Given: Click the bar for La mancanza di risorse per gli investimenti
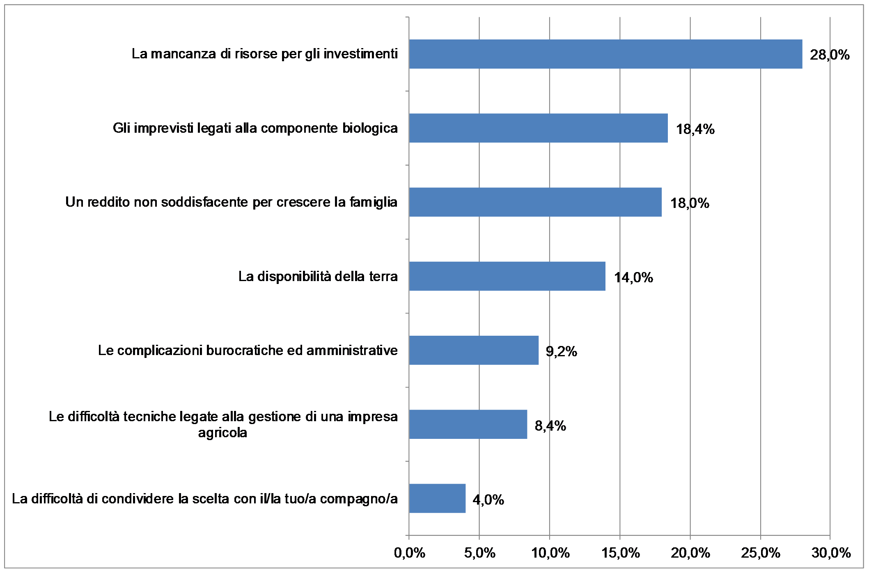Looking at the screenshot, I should tap(605, 54).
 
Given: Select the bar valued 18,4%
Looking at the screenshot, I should tap(538, 128).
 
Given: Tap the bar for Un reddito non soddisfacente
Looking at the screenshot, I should tap(535, 202).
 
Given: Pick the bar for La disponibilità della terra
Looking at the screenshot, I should tap(507, 276).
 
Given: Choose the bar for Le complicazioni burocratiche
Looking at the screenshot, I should tap(474, 350).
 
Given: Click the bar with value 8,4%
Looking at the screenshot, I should tap(468, 424).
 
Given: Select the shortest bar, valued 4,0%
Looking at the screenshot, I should tap(437, 498).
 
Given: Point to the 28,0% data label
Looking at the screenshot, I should tap(830, 55).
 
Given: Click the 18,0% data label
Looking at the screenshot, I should tap(690, 203).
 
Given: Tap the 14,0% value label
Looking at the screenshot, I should tap(633, 278).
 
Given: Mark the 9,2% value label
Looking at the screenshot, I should tap(561, 352).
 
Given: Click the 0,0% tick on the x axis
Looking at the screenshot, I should tap(409, 553).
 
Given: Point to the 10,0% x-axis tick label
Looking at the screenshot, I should tap(550, 553).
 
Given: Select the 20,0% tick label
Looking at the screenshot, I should tap(690, 553).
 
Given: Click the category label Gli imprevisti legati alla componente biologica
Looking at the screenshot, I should tap(255, 128).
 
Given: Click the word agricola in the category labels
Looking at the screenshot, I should tap(222, 433).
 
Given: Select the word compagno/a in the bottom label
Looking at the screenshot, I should tap(358, 499).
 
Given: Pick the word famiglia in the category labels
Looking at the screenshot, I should tap(373, 202).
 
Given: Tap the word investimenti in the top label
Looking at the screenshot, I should tap(360, 54).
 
